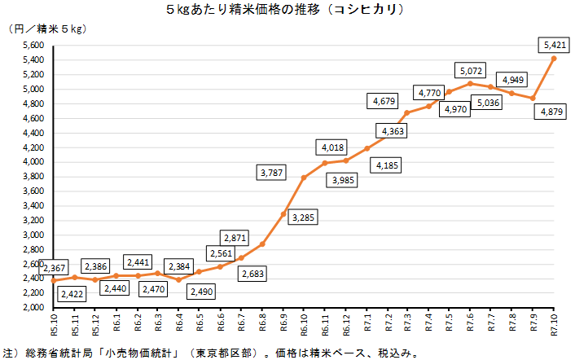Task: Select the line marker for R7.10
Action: tap(554, 59)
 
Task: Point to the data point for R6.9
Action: tap(283, 214)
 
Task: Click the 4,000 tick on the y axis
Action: tap(30, 162)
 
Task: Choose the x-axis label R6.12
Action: tap(346, 323)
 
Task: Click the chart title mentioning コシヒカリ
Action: tap(287, 11)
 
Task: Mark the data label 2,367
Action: tap(54, 267)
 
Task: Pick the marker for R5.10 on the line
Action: tap(54, 281)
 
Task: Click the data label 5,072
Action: tap(471, 70)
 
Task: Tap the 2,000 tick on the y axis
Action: tap(30, 309)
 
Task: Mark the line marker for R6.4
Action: tap(178, 280)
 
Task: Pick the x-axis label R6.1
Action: tap(116, 323)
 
